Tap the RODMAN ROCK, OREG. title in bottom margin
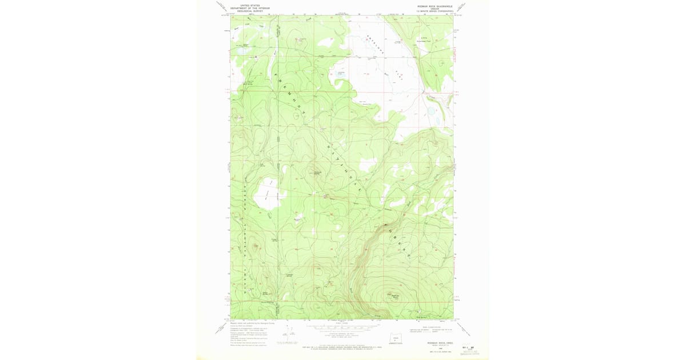pyautogui.click(x=440, y=342)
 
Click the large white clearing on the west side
pyautogui.click(x=266, y=194)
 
